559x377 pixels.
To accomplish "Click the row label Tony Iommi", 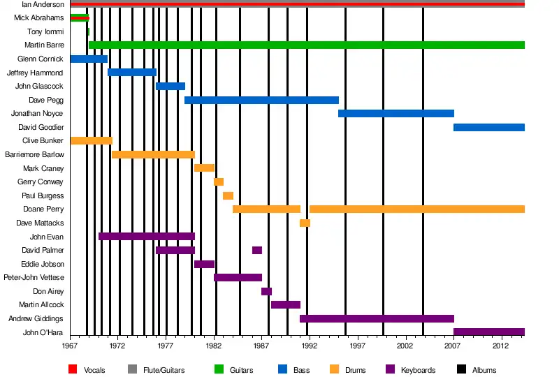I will click(44, 31).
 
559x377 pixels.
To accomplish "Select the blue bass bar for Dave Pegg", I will click(261, 100).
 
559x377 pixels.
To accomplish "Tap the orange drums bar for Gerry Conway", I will click(219, 182).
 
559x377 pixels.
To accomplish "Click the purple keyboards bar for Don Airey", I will click(266, 291).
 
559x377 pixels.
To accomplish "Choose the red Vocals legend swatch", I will click(73, 369).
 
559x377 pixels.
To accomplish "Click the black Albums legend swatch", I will click(461, 369).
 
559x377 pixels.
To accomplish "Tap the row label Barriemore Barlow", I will click(34, 154).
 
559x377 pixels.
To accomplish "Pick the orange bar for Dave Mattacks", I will click(305, 223).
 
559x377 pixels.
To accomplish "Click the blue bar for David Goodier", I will click(488, 127).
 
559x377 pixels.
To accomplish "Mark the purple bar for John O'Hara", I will click(488, 332).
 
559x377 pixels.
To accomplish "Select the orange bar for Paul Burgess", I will click(228, 195).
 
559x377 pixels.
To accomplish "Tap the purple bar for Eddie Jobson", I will click(204, 264).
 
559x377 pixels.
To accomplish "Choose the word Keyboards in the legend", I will click(418, 370).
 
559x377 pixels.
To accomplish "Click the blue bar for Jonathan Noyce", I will click(395, 113).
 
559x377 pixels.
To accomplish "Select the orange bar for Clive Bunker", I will click(91, 140).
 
